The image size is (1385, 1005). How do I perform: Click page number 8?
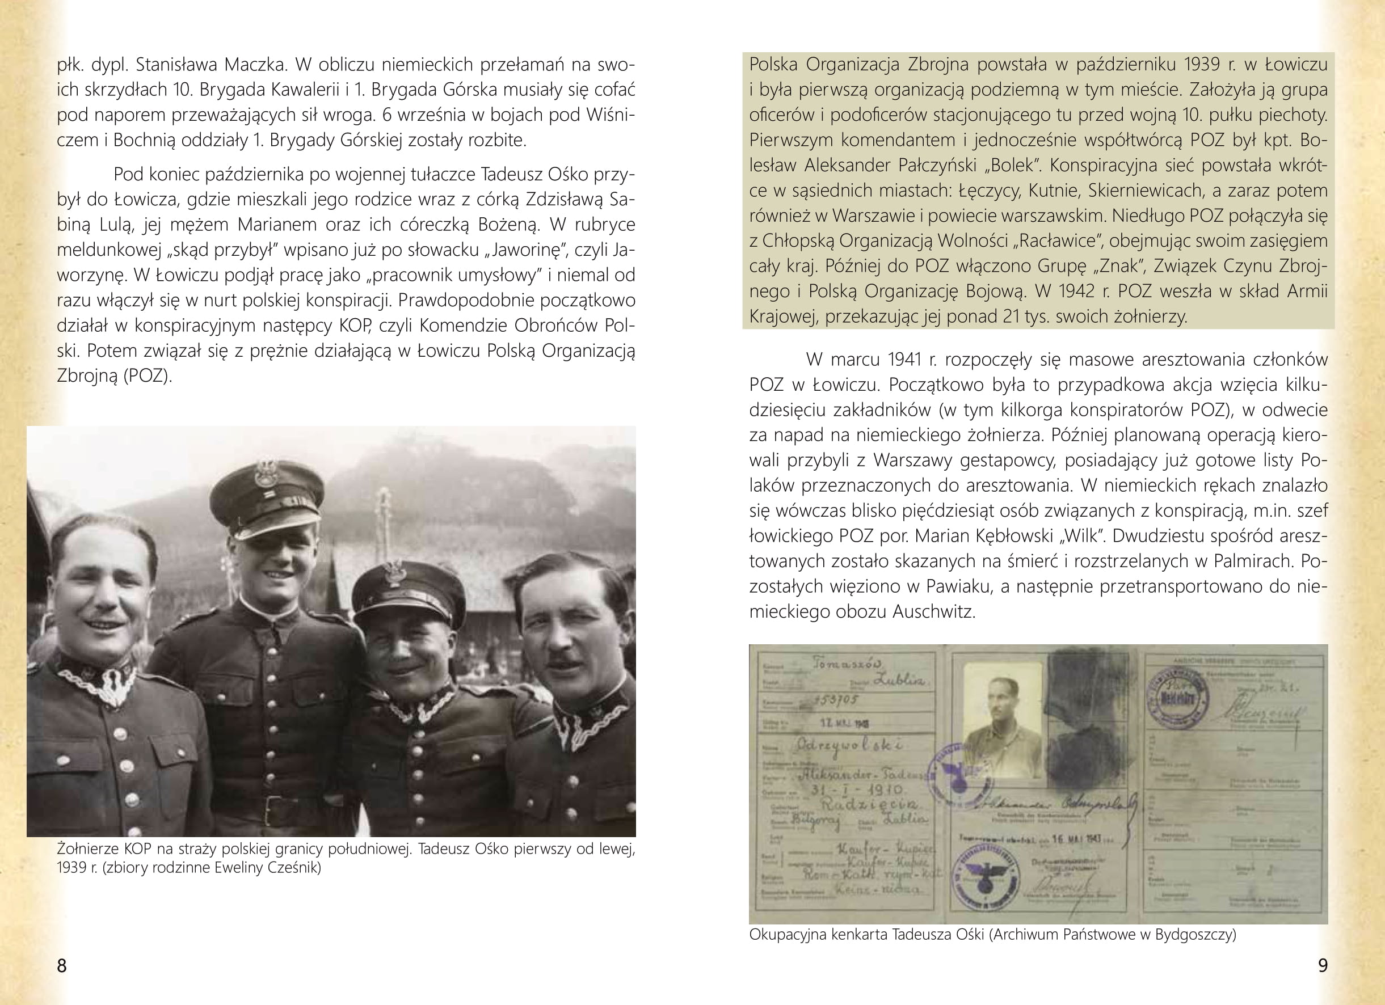tap(62, 965)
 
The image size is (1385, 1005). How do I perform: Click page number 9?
tap(1323, 965)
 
